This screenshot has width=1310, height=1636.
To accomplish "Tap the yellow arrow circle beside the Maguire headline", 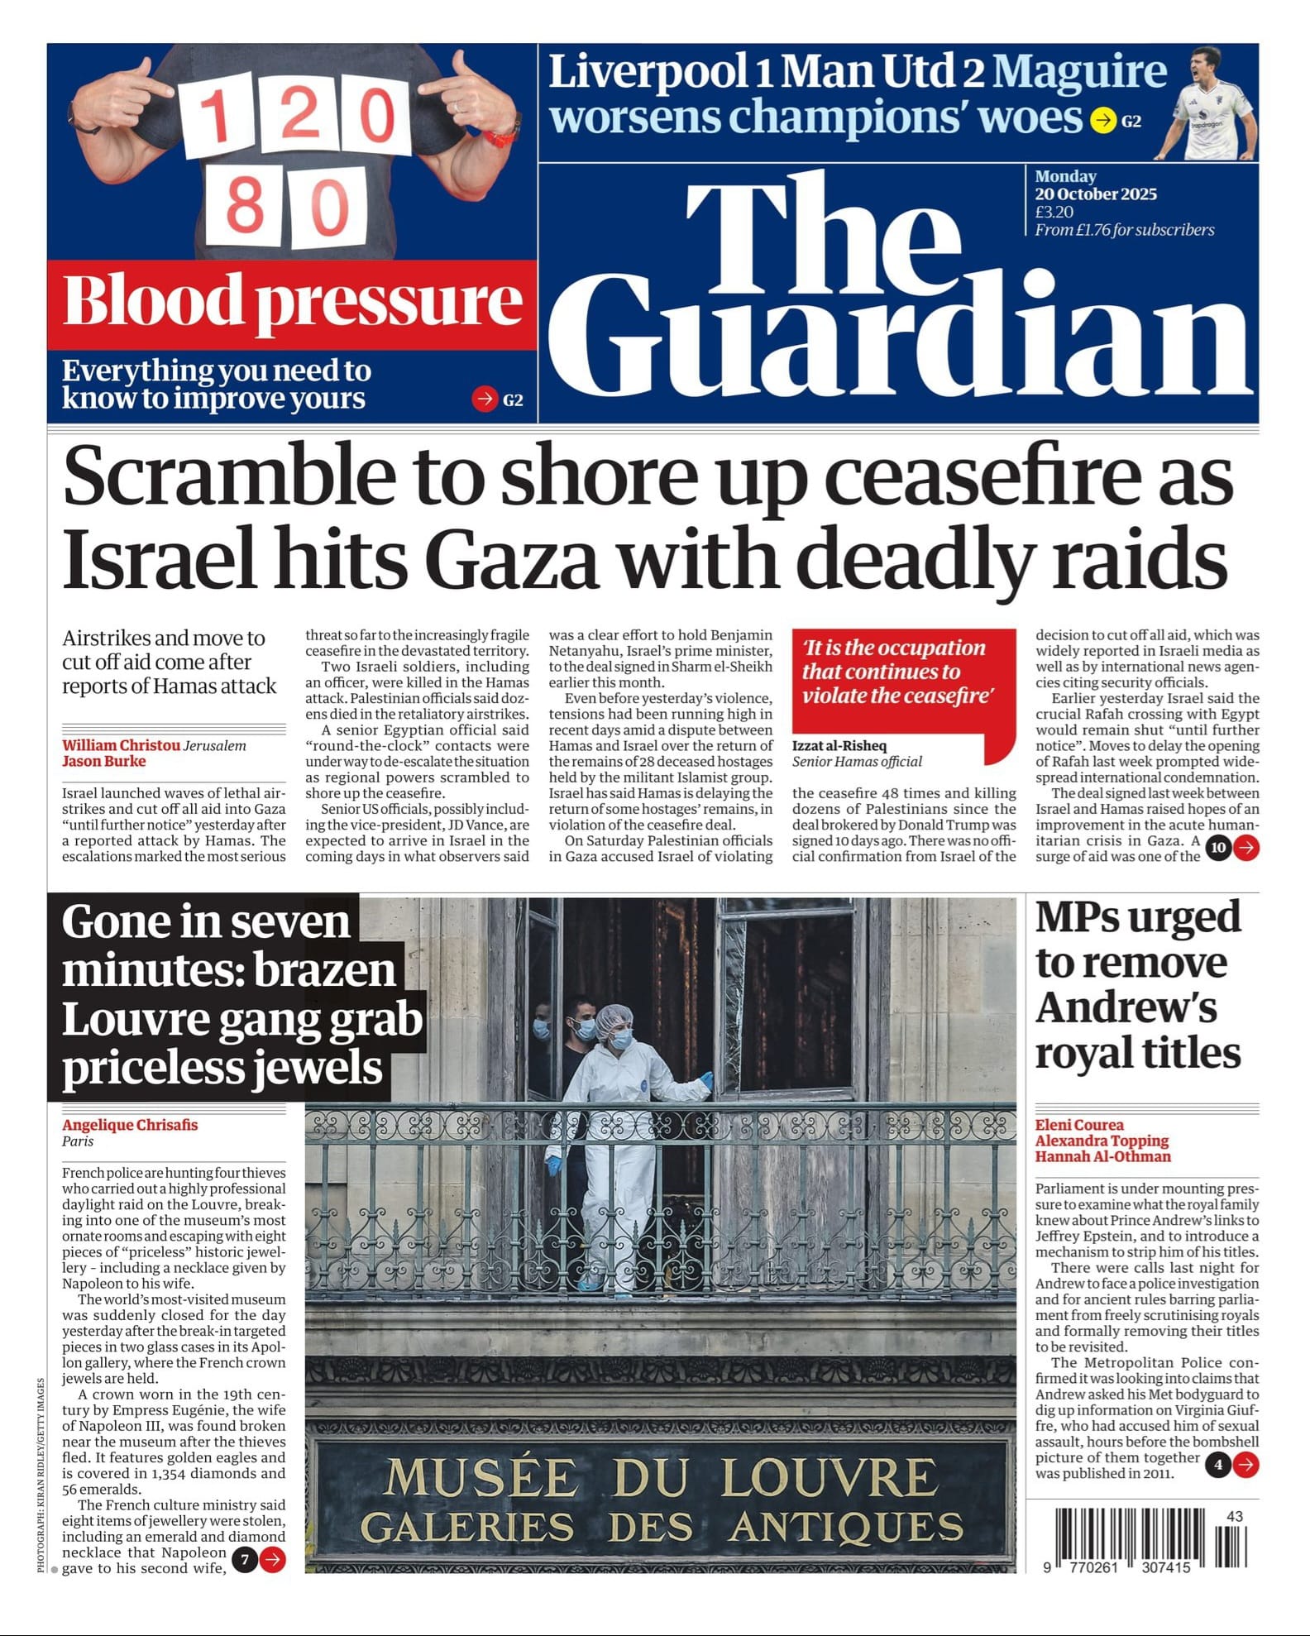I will click(1102, 121).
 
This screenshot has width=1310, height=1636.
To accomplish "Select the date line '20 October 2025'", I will click(1095, 194).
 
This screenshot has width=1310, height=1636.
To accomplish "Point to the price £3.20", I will click(1054, 212).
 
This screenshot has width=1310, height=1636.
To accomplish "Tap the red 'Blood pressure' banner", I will click(292, 303).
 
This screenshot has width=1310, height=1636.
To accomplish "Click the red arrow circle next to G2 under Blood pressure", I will click(484, 399).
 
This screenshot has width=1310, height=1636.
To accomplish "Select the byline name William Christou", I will click(121, 745).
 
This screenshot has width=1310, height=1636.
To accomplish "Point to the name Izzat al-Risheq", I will click(839, 745).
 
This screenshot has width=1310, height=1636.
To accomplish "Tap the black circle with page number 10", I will click(1218, 848).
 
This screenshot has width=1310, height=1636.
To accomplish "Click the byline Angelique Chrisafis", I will click(130, 1125).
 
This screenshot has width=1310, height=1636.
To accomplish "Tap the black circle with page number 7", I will click(244, 1560).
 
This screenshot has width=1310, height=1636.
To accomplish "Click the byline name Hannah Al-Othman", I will click(1102, 1156).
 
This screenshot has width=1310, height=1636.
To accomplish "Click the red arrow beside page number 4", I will click(1245, 1465).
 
